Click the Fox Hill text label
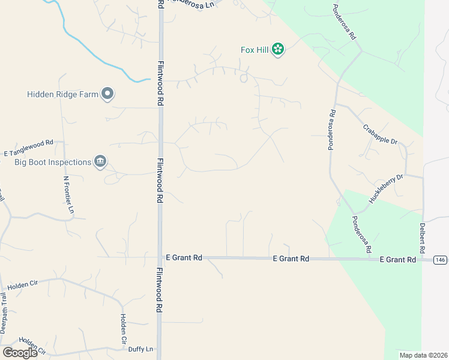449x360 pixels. (255, 50)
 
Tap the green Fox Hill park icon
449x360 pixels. (277, 49)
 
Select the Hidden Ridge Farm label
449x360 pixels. (62, 94)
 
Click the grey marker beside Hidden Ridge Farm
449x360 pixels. (108, 94)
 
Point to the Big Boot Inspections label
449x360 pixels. (53, 162)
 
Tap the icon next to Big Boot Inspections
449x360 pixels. (100, 161)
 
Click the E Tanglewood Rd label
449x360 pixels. (28, 148)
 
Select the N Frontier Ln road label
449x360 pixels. (68, 195)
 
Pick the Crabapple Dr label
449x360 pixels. (381, 134)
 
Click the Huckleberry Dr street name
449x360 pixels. (386, 189)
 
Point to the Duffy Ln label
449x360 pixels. (142, 349)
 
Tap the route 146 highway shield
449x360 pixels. (441, 259)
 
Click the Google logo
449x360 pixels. (20, 352)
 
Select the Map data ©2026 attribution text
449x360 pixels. (423, 355)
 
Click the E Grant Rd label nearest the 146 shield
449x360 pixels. (398, 259)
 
